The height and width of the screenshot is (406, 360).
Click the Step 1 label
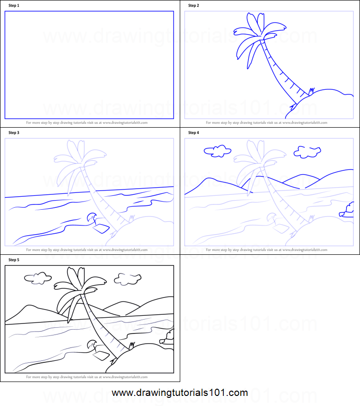point(13,6)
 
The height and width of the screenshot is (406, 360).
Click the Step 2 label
point(194,6)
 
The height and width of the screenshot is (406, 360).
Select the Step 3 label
point(13,133)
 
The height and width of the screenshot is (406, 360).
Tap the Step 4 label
point(194,133)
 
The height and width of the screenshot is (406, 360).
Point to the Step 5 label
point(13,260)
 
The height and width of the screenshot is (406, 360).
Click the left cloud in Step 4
point(217,151)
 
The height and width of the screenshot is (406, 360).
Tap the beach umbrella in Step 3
point(91,217)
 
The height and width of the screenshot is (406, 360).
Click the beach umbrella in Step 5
point(91,344)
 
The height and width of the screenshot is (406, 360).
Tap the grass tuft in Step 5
point(132,345)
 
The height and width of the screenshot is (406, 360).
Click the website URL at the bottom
point(180,393)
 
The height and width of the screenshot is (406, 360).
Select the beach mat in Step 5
point(102,356)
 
